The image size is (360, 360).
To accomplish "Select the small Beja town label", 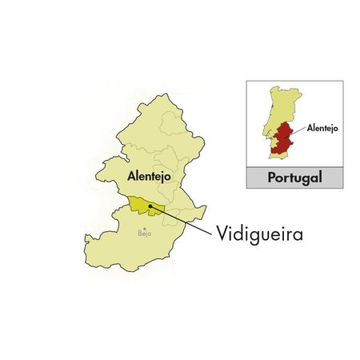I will click(x=144, y=234).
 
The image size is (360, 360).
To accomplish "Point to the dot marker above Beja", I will click(x=144, y=227).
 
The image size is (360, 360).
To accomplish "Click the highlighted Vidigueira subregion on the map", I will click(x=140, y=206).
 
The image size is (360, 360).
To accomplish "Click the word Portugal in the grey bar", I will click(x=294, y=178).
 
